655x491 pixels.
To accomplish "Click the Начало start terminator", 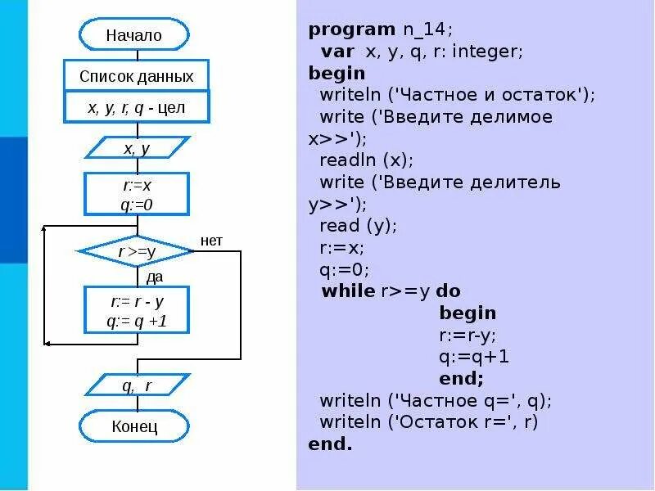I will [x=134, y=34].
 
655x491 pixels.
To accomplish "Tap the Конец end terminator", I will [x=134, y=426].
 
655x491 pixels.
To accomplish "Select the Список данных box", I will [x=137, y=76].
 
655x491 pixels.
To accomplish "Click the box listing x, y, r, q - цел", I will [x=137, y=107].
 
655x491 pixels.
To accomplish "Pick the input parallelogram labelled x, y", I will [x=137, y=148].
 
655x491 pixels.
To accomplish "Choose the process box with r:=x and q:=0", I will [x=137, y=194].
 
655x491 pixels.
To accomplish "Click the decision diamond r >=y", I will [x=136, y=251].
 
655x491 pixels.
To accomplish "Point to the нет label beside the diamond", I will [x=211, y=241].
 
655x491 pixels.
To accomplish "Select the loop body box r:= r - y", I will [x=137, y=309].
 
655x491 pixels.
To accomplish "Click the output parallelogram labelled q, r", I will [x=137, y=385].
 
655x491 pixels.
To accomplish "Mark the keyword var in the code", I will [x=338, y=52].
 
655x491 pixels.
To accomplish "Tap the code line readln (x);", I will [x=367, y=160].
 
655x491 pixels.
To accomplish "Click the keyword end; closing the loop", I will [x=462, y=379].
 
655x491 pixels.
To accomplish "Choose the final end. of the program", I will [x=330, y=444].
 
